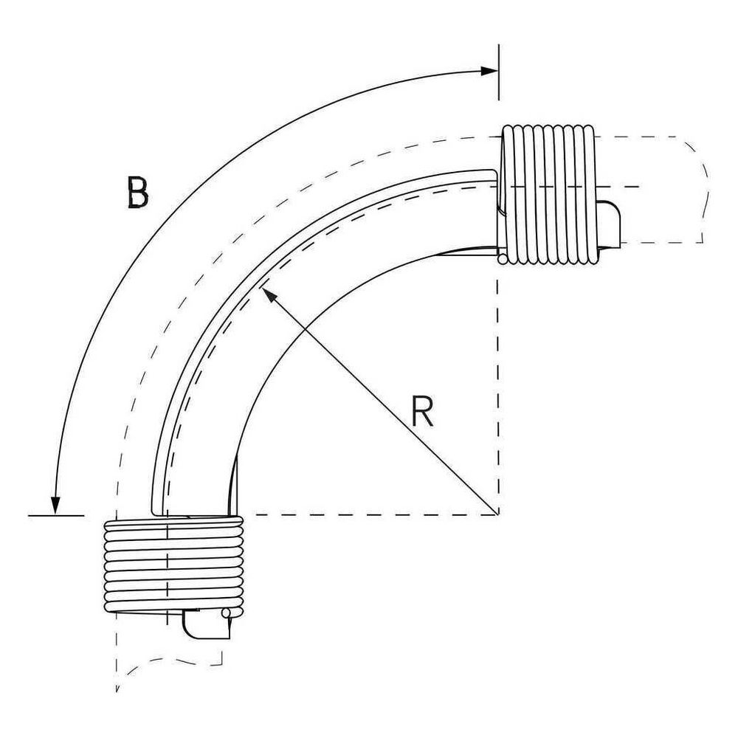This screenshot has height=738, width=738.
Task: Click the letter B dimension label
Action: pos(138,192)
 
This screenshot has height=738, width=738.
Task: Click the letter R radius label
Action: pos(421,411)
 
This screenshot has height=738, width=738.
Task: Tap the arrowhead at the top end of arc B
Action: pos(489,71)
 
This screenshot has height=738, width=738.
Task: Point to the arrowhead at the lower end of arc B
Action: pos(56,506)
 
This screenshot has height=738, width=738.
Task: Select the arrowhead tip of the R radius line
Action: pos(262,288)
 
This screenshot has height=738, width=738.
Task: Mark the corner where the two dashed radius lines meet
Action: pos(498,515)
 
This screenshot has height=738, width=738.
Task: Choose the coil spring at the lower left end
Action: pos(173,566)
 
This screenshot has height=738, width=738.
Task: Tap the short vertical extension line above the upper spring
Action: pos(499,72)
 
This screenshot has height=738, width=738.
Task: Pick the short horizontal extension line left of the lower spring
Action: pos(56,516)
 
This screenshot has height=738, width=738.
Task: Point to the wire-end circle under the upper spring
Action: pos(503,259)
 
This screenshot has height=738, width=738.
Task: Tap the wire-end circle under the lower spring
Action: pos(227,613)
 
